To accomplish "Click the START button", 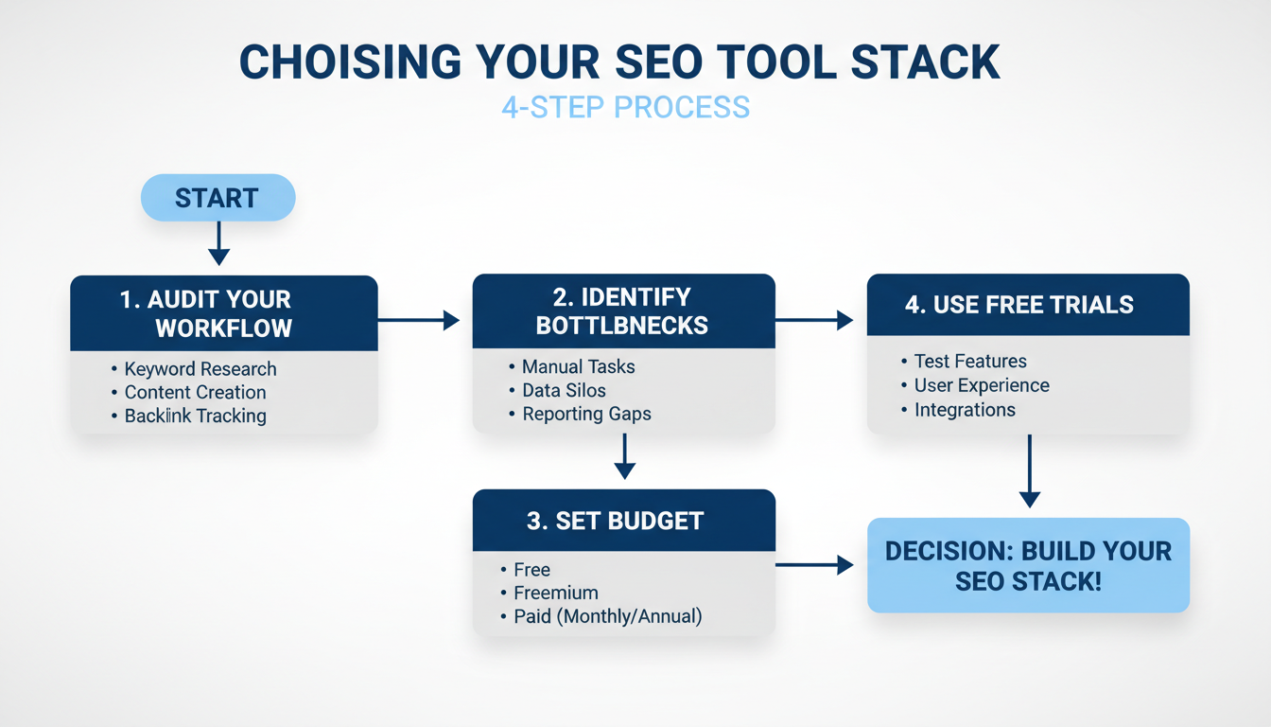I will [x=218, y=198].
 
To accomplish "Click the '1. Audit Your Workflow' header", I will [x=224, y=314].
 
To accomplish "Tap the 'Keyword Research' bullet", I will [x=200, y=369].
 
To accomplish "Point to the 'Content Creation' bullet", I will [x=195, y=392].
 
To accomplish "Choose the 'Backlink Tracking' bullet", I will [x=195, y=416].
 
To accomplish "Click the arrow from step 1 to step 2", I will [x=418, y=321].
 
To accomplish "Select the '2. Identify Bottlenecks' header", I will [x=623, y=311].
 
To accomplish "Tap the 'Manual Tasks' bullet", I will [x=578, y=366].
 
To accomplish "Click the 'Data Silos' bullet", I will [x=564, y=390].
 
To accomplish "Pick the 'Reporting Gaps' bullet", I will [x=586, y=414].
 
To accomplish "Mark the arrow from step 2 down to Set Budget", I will [x=624, y=456].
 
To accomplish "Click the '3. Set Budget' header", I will [x=623, y=521].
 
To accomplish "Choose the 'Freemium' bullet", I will [x=555, y=594].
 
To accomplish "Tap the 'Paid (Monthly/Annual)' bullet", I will [x=607, y=617].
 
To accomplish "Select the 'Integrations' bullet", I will [x=964, y=410].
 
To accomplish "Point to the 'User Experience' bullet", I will [x=981, y=385].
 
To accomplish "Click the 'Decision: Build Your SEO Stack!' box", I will [x=1028, y=565].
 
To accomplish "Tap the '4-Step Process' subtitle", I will [x=625, y=106].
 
